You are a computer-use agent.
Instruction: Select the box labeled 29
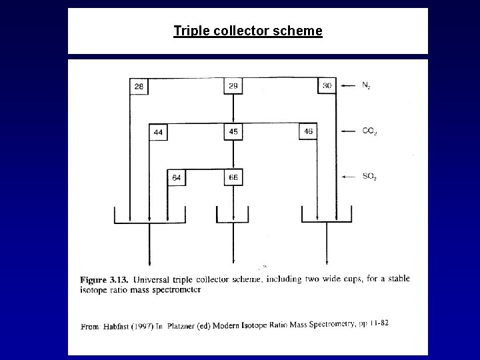[x=233, y=86]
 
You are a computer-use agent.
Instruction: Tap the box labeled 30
[x=327, y=86]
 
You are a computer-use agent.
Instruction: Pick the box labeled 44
[x=158, y=132]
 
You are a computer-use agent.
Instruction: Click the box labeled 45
[x=233, y=132]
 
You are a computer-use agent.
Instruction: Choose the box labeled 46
[x=307, y=132]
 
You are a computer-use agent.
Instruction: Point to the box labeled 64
[x=177, y=177]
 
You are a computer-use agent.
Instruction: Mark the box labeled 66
[x=233, y=177]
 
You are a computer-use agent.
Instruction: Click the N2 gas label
[x=367, y=85]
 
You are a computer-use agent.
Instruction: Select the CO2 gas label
[x=369, y=131]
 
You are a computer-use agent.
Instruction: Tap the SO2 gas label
[x=369, y=177]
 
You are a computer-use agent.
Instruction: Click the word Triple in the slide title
[x=189, y=31]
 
